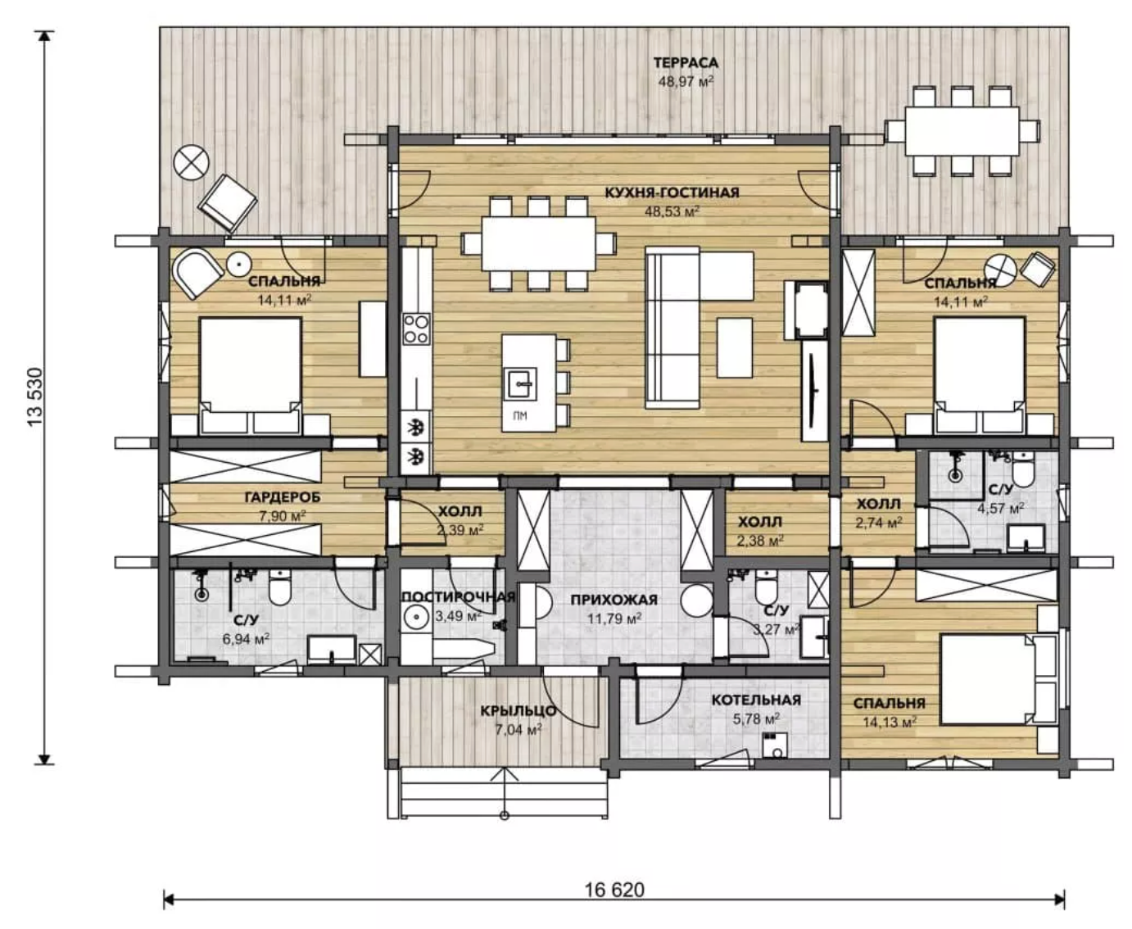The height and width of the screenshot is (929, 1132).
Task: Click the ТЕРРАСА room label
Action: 686,63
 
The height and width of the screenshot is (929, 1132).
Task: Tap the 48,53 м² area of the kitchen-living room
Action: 672,211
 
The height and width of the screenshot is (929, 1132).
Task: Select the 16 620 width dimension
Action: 614,890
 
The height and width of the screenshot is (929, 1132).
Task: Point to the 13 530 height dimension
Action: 34,397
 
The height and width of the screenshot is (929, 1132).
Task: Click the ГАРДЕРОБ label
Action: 283,497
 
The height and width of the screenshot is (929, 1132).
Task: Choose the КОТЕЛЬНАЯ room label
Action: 756,700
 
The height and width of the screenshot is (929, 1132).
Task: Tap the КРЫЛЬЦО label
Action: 518,711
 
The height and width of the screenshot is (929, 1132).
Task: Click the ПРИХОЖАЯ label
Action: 614,600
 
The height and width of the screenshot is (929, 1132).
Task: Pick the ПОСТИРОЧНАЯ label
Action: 459,597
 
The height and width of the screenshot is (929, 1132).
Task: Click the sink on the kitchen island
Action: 519,384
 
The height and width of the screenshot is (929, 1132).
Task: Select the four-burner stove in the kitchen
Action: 417,329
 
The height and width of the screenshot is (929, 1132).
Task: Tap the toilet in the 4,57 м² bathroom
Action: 1023,469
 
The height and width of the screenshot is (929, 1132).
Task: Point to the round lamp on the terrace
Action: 192,162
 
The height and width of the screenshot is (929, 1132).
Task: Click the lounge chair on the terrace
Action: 227,202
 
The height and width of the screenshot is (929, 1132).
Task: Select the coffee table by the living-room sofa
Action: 735,347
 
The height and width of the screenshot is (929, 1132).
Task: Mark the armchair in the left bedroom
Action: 197,274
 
